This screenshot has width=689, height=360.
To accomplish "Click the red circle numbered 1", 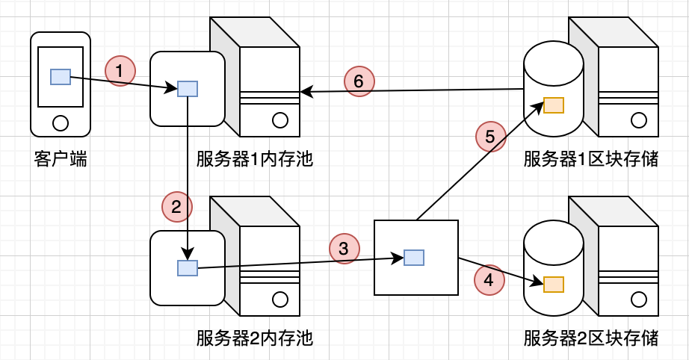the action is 120,71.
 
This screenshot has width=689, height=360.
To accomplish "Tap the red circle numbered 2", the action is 176,207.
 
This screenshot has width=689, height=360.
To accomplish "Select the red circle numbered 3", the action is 344,249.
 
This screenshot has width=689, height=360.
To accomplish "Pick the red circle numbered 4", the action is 489,279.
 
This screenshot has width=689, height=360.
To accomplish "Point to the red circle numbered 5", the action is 490,137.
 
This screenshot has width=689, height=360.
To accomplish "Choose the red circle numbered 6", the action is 359,81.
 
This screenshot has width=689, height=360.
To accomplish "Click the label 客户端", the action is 61,158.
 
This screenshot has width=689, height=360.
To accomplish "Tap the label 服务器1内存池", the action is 254,158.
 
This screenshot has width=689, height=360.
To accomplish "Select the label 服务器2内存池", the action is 254,338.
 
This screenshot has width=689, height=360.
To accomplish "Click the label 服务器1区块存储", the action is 591,158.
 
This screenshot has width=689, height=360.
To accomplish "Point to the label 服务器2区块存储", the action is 591,338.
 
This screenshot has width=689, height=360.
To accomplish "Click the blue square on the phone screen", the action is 61,77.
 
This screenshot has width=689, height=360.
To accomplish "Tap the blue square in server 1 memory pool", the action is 188,89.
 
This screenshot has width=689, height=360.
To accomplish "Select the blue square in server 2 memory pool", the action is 188,268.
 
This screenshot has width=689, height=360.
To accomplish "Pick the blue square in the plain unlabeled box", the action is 414,258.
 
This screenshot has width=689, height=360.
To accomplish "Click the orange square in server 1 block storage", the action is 554,105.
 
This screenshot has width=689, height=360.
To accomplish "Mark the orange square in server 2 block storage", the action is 554,285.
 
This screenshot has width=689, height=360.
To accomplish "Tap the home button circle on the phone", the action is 61,123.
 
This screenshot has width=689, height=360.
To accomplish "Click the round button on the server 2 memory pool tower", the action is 280,300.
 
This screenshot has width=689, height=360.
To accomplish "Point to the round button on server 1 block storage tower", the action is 639,120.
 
